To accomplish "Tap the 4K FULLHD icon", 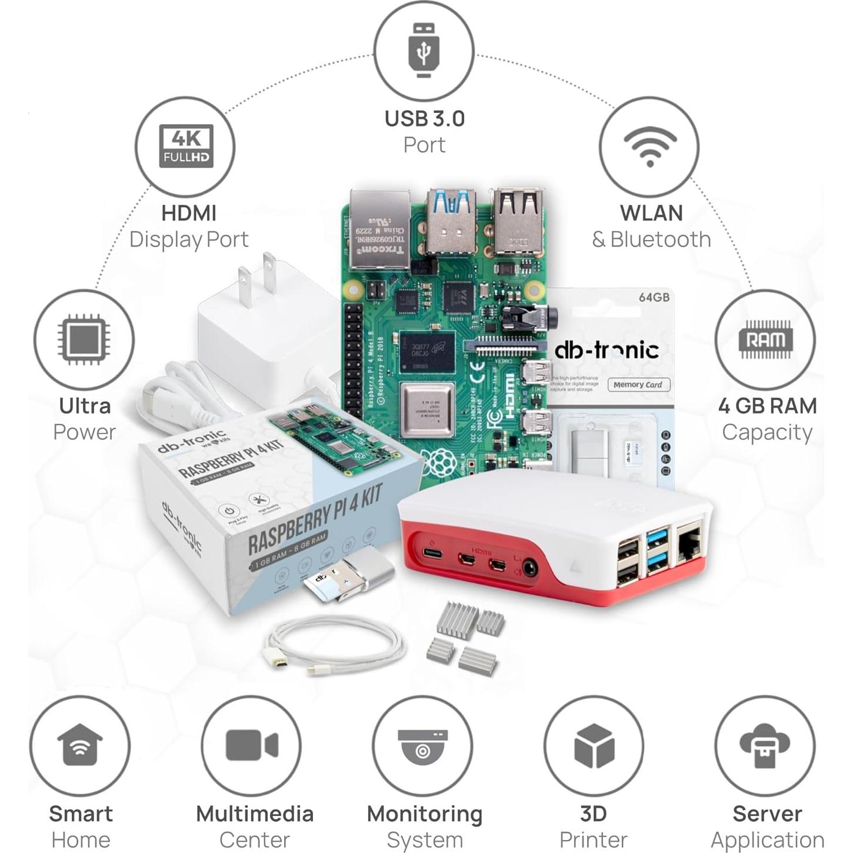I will [x=186, y=146].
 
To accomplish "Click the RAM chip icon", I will [x=765, y=339].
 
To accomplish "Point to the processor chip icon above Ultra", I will [x=83, y=340].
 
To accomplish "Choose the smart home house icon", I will [x=80, y=745].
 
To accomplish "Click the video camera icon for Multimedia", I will [x=251, y=745].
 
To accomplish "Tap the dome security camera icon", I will [x=422, y=745].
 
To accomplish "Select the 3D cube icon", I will [x=594, y=745].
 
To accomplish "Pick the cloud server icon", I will [x=765, y=745].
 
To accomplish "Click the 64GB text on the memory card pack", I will [x=654, y=297].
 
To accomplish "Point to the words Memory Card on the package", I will [x=638, y=385].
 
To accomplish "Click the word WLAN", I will [x=651, y=213].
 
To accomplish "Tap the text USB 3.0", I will [x=424, y=119].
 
